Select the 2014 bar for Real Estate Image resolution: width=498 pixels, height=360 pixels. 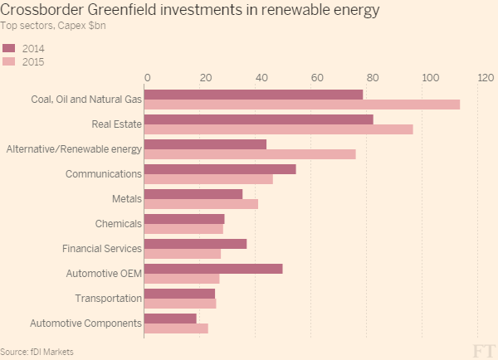pyautogui.click(x=258, y=119)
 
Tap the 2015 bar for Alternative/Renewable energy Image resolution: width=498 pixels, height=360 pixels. pyautogui.click(x=250, y=154)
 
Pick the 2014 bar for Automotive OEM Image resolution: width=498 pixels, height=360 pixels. pyautogui.click(x=213, y=268)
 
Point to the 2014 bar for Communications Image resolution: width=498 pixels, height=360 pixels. pyautogui.click(x=220, y=168)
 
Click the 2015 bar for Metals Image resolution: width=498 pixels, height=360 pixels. pyautogui.click(x=201, y=204)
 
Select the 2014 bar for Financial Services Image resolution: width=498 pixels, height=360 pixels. pyautogui.click(x=195, y=243)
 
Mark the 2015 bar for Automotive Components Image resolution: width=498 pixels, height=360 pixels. pyautogui.click(x=176, y=328)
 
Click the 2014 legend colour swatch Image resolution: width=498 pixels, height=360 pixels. pyautogui.click(x=10, y=47)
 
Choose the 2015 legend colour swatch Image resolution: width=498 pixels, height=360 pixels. pyautogui.click(x=10, y=61)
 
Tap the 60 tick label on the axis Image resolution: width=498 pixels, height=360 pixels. pyautogui.click(x=316, y=77)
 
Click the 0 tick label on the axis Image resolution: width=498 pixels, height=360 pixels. pyautogui.click(x=147, y=77)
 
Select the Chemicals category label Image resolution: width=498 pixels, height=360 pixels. pyautogui.click(x=118, y=224)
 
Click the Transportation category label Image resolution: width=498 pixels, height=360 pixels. pyautogui.click(x=108, y=299)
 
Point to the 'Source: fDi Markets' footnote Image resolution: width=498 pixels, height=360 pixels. pyautogui.click(x=37, y=352)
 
